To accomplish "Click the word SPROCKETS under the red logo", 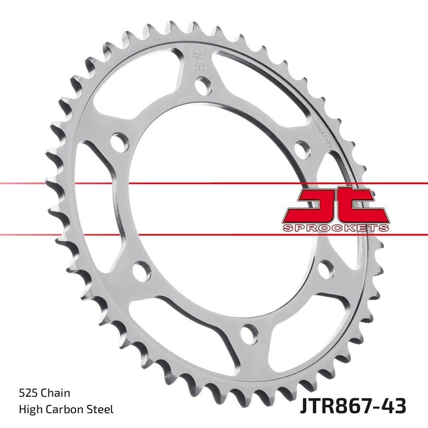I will [336, 228].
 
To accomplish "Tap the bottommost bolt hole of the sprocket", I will [249, 333].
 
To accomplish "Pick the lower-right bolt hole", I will [326, 270].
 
